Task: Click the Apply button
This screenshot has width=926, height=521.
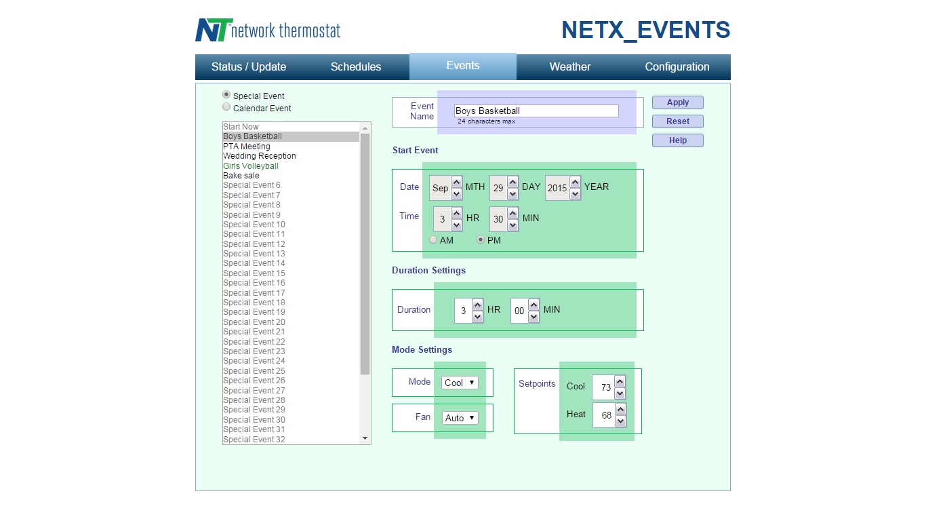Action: (x=677, y=102)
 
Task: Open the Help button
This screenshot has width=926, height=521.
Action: (x=677, y=140)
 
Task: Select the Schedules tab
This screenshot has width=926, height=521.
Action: (x=356, y=67)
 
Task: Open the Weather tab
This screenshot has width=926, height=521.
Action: (x=569, y=67)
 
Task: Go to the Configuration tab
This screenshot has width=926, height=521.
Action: (x=677, y=67)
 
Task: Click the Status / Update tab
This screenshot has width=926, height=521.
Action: (x=249, y=67)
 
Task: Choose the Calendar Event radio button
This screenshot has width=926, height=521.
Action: (x=226, y=107)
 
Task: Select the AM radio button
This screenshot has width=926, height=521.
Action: (x=434, y=240)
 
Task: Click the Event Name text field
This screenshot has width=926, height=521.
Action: (x=536, y=111)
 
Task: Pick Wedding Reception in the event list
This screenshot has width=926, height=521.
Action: (x=260, y=156)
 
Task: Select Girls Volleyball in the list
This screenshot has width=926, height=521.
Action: (x=251, y=166)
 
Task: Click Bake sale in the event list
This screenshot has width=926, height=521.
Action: (x=241, y=176)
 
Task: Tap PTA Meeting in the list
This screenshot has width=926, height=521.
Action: (x=247, y=147)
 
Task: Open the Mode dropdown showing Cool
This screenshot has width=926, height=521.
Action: (x=460, y=383)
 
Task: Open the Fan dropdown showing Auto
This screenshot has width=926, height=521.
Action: (x=460, y=418)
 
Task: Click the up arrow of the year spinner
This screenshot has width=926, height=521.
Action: (x=575, y=182)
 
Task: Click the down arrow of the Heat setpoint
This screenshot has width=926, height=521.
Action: (x=620, y=421)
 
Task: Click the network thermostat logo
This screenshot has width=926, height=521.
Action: (x=268, y=31)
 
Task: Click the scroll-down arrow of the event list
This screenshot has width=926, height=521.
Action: (x=365, y=439)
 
